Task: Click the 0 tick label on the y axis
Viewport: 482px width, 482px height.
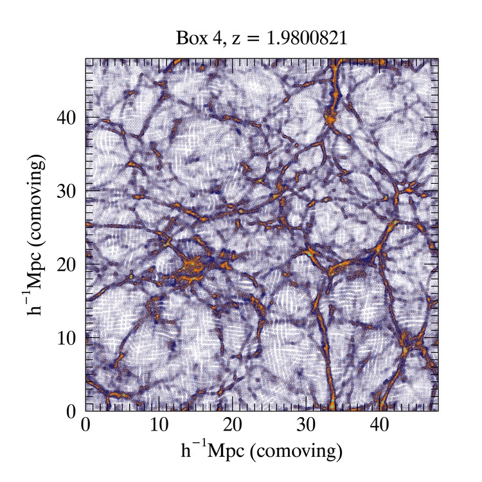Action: point(72,411)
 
